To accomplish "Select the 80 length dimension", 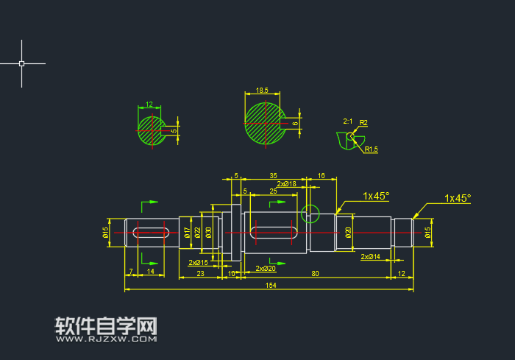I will pyautogui.click(x=315, y=273).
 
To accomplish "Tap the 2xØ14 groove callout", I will pyautogui.click(x=370, y=257).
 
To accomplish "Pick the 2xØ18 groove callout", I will pyautogui.click(x=286, y=183).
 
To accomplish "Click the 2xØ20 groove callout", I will pyautogui.click(x=265, y=269).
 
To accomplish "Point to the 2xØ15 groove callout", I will pyautogui.click(x=198, y=262).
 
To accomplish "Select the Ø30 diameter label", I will pyautogui.click(x=208, y=233).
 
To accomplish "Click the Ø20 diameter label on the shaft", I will pyautogui.click(x=348, y=233).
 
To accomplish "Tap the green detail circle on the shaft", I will pyautogui.click(x=310, y=214).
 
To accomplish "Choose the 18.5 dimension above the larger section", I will pyautogui.click(x=262, y=91).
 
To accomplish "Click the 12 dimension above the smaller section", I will pyautogui.click(x=149, y=105).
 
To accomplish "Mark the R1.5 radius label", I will pyautogui.click(x=372, y=149).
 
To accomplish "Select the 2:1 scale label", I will pyautogui.click(x=347, y=121).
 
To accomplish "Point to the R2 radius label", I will pyautogui.click(x=364, y=122).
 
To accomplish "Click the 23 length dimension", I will pyautogui.click(x=200, y=273).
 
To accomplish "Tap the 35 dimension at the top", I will pyautogui.click(x=273, y=176).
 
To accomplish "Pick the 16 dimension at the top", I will pyautogui.click(x=322, y=176).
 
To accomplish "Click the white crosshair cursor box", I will pyautogui.click(x=21, y=64).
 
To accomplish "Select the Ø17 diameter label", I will pyautogui.click(x=187, y=233).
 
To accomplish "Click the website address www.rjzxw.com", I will pyautogui.click(x=107, y=340).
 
